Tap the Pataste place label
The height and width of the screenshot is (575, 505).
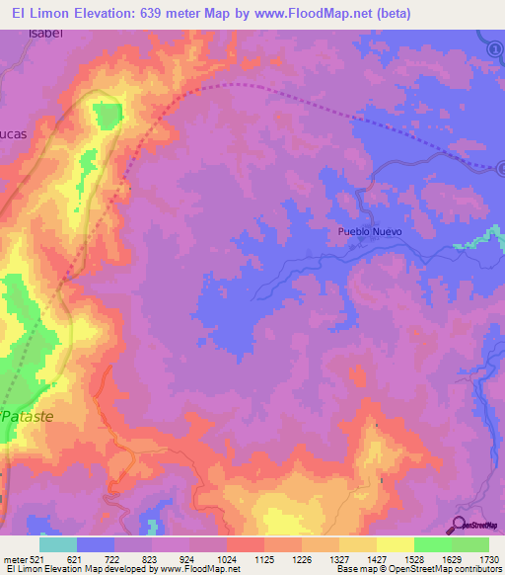(28, 417)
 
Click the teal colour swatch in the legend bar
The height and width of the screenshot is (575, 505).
(58, 544)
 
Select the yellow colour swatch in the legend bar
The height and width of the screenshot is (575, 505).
(395, 544)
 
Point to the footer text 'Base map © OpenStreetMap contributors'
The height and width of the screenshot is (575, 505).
(418, 569)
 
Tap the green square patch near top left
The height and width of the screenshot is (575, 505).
(107, 116)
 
